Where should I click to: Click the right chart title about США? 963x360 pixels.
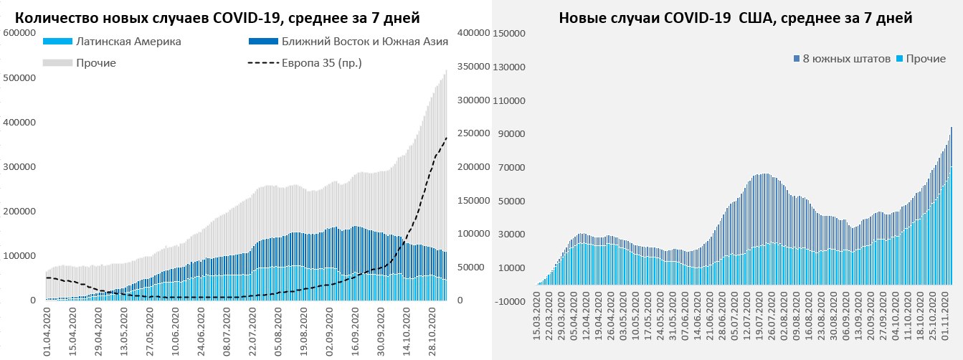tap(736, 18)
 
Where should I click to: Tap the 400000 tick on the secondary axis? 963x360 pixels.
tap(472, 33)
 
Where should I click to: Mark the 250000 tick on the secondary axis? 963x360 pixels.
tap(472, 133)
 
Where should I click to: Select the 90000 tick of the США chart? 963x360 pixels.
tap(513, 133)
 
